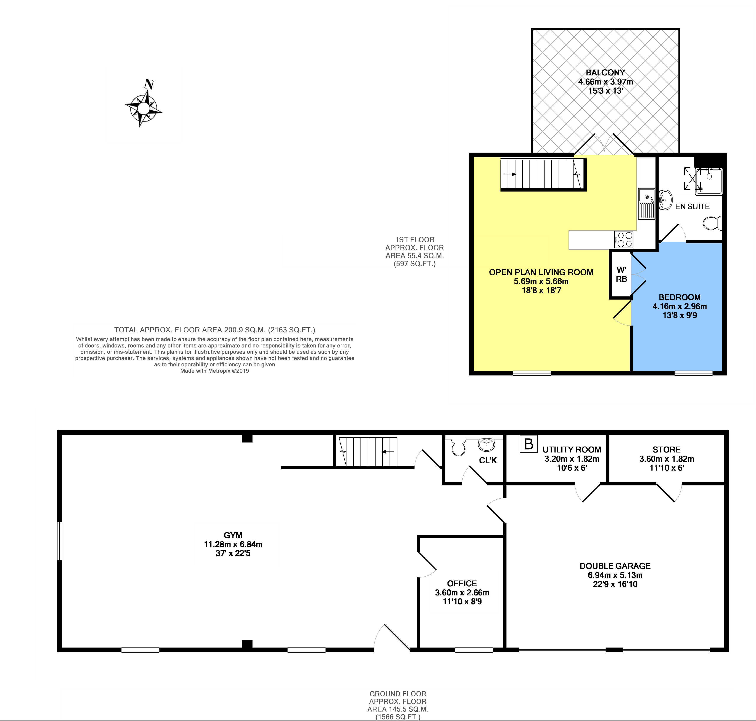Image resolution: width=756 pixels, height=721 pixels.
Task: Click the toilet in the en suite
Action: pyautogui.click(x=713, y=223)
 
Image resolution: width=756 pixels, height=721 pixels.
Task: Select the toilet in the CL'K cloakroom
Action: pyautogui.click(x=458, y=447)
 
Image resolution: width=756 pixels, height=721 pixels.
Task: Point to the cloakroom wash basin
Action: pyautogui.click(x=487, y=445)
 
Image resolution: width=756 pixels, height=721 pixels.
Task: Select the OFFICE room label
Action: pyautogui.click(x=462, y=583)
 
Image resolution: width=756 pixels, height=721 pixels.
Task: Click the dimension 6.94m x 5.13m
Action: pyautogui.click(x=615, y=575)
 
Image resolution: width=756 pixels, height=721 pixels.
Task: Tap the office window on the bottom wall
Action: pyautogui.click(x=474, y=650)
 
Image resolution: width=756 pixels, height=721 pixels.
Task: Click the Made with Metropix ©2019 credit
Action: pyautogui.click(x=214, y=371)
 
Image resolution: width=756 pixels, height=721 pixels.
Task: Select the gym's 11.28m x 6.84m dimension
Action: pyautogui.click(x=233, y=544)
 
